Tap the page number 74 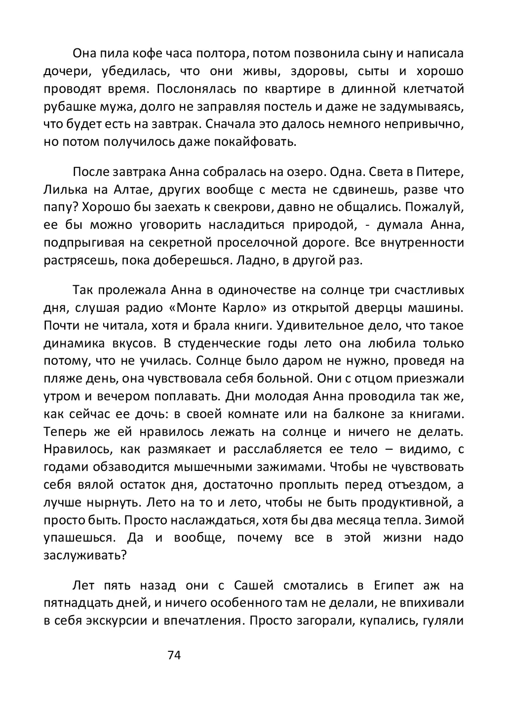pyautogui.click(x=175, y=655)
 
